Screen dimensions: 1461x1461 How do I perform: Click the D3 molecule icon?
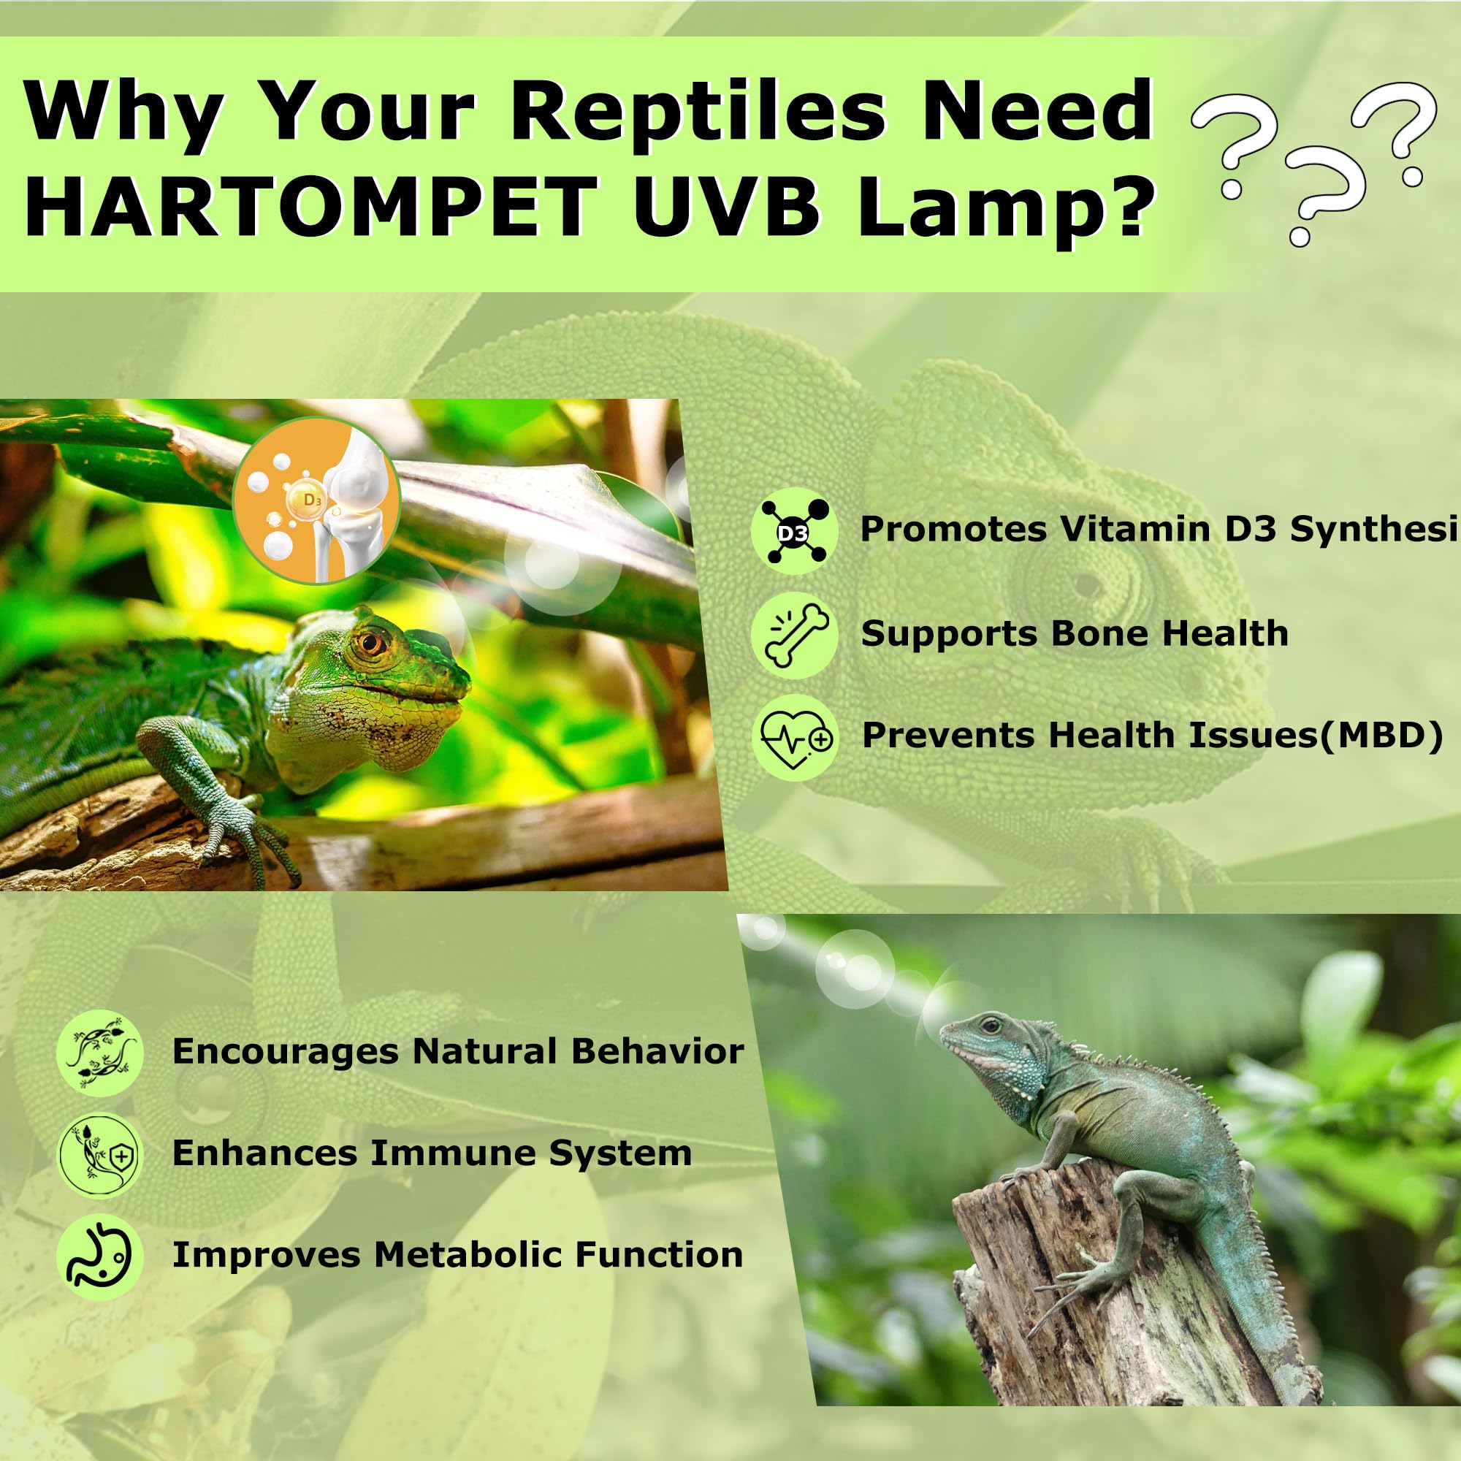(794, 532)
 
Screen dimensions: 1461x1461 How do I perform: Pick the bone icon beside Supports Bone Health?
(794, 635)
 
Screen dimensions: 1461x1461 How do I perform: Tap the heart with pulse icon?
(794, 736)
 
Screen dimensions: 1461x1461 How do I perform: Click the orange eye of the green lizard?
(370, 644)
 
